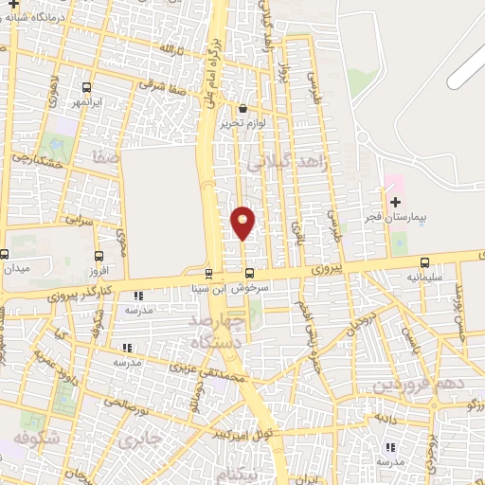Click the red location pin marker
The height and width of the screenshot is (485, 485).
(x=242, y=223)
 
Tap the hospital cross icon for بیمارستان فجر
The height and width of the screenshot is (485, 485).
(x=395, y=202)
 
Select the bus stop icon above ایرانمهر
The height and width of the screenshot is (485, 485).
(x=87, y=84)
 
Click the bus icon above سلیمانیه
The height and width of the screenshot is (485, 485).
(x=423, y=262)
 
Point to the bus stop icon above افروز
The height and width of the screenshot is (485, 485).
(x=99, y=255)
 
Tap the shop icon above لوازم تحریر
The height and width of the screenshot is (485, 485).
(x=243, y=108)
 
